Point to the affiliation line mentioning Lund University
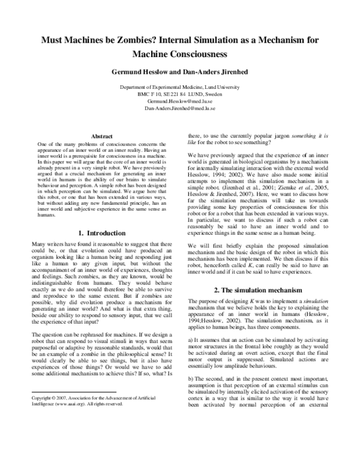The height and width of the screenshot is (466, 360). (179, 88)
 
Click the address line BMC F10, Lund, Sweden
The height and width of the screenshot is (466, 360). (179, 94)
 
